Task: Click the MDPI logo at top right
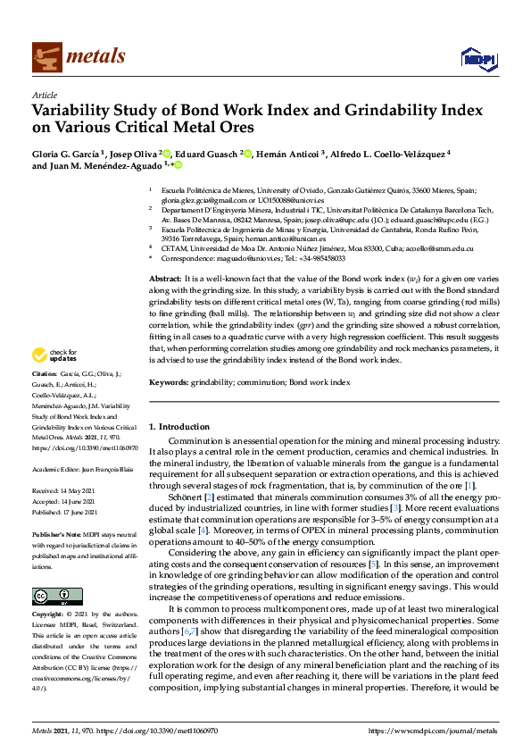click(x=477, y=58)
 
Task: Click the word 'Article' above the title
click(x=44, y=94)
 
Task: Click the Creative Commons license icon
click(x=52, y=596)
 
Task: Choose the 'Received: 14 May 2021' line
click(x=66, y=515)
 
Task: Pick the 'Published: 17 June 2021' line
click(x=68, y=538)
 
